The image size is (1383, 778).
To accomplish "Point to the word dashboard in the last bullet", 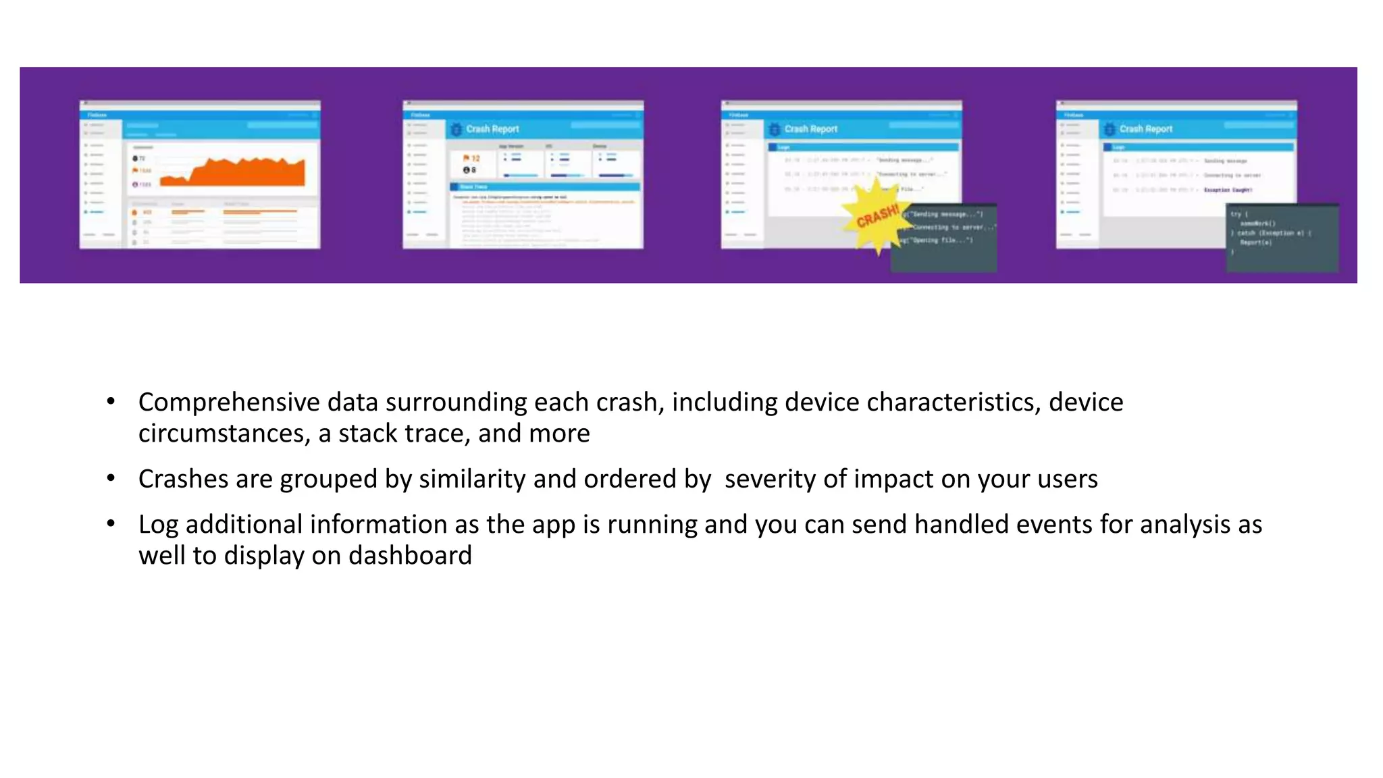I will click(410, 556).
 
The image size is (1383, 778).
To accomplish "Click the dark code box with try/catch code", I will click(1282, 238).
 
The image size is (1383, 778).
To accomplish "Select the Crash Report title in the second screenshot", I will click(492, 129).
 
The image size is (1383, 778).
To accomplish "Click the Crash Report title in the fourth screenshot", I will click(1146, 129).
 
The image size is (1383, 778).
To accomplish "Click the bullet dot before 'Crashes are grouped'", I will click(111, 479).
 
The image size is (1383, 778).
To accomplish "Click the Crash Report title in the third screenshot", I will click(811, 129).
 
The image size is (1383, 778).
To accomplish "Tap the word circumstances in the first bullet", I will click(224, 434).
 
